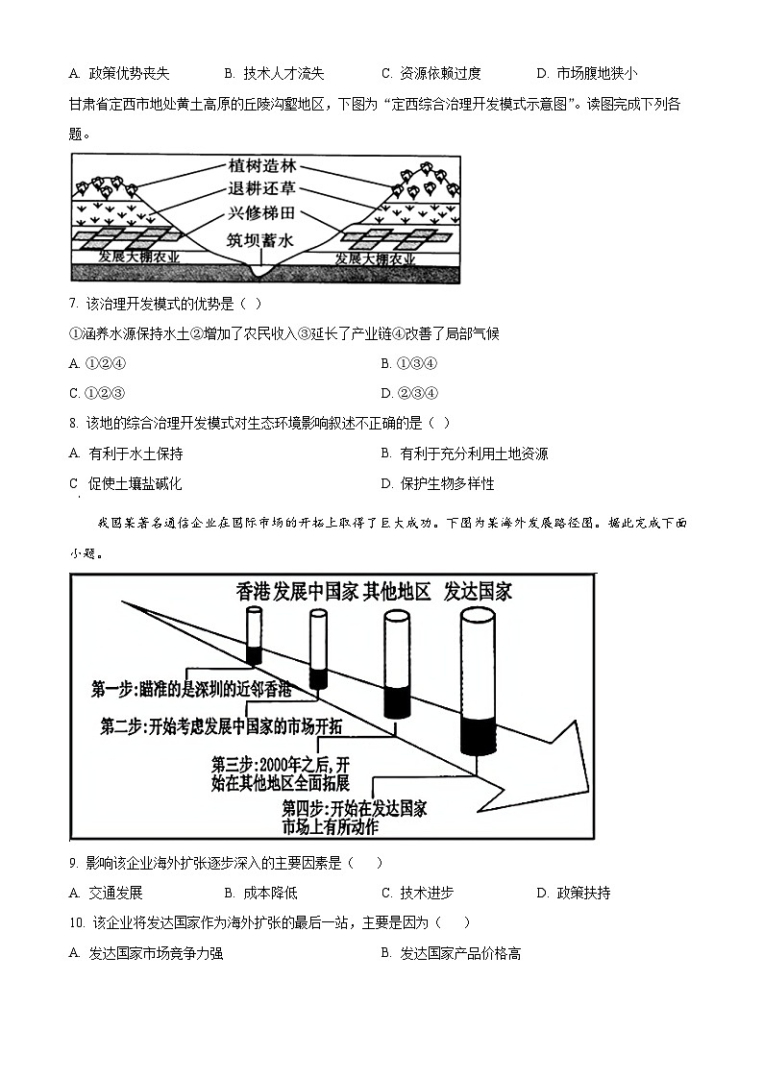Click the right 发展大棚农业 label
pyautogui.click(x=375, y=260)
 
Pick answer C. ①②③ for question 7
pyautogui.click(x=98, y=392)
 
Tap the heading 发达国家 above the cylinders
pyautogui.click(x=479, y=591)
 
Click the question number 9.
pyautogui.click(x=73, y=864)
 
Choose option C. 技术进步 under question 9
pyautogui.click(x=417, y=893)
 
